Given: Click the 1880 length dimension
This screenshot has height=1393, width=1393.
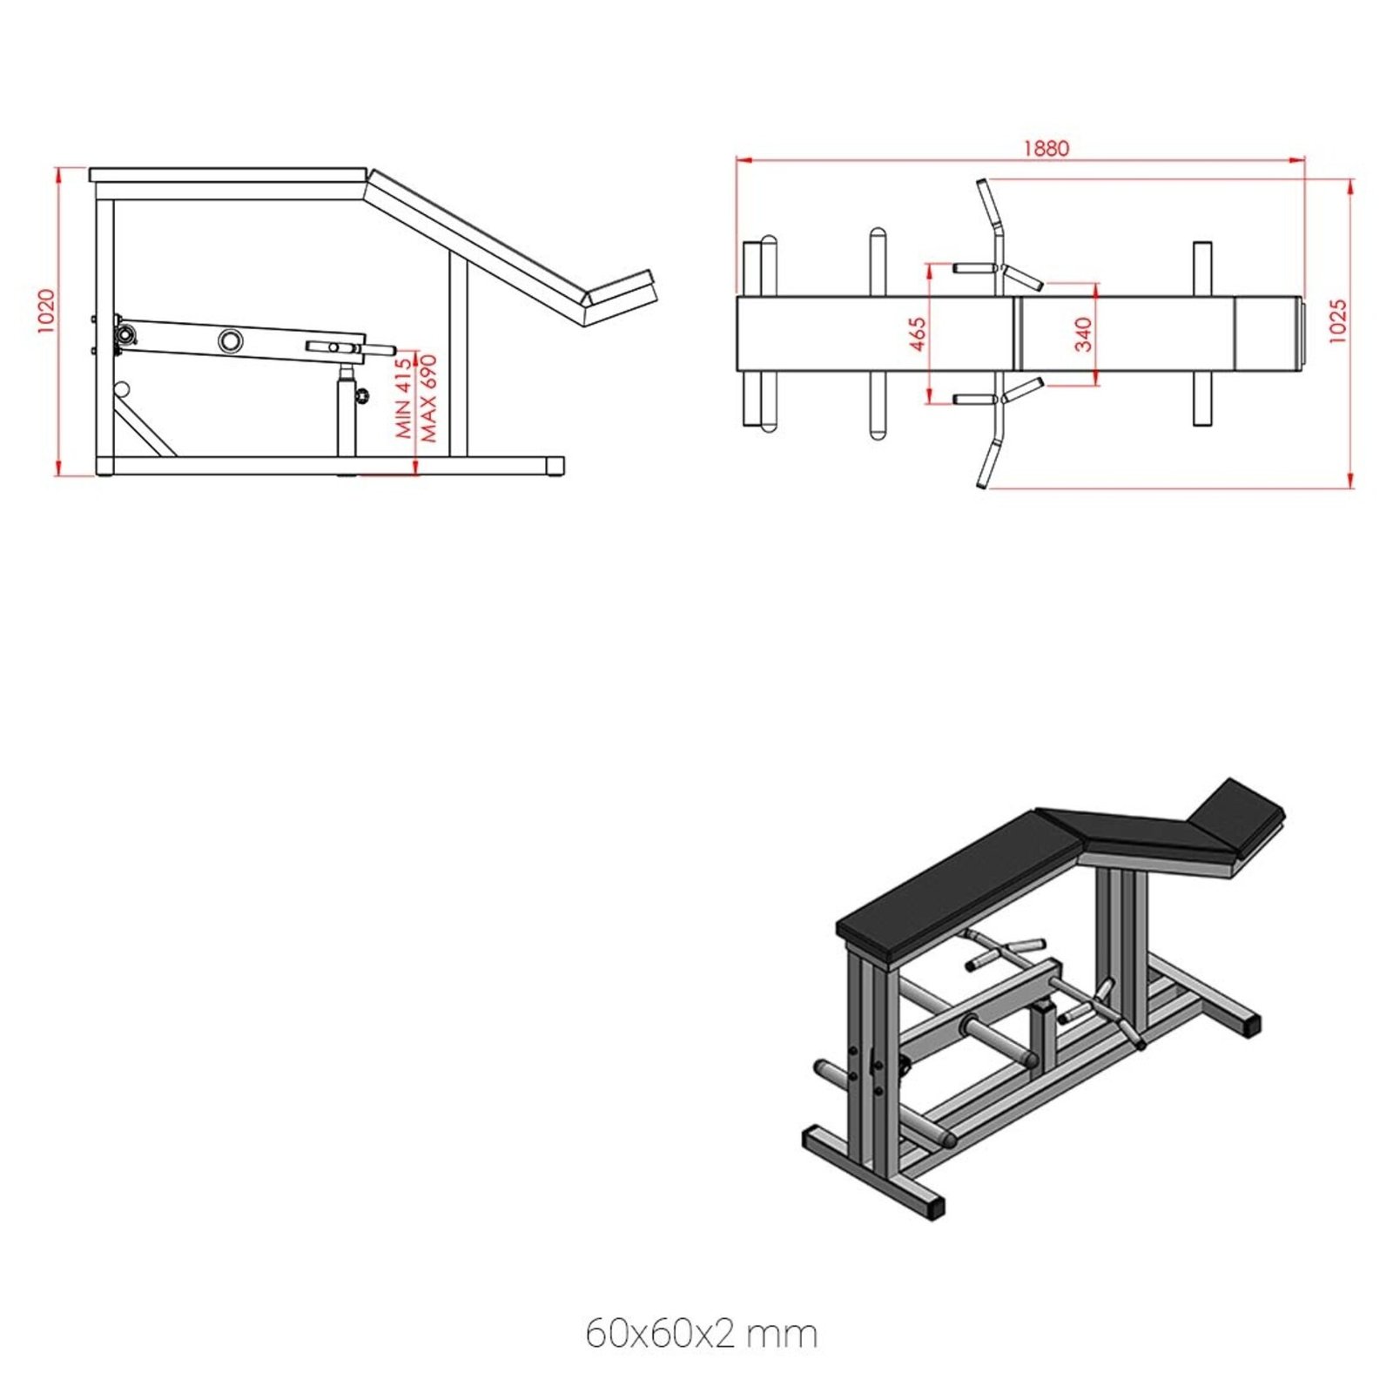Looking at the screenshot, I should pyautogui.click(x=1045, y=148).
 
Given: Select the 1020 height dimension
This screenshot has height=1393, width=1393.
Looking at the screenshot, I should pyautogui.click(x=46, y=311).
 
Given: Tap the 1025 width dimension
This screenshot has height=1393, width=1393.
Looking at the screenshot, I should pyautogui.click(x=1338, y=321).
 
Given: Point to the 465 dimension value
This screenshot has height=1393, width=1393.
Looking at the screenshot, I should pyautogui.click(x=917, y=334).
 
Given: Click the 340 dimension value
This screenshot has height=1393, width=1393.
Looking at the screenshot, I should pyautogui.click(x=1082, y=334).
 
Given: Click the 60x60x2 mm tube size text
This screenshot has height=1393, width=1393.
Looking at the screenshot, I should pyautogui.click(x=701, y=1334).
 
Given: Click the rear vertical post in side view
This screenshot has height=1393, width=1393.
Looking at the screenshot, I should pyautogui.click(x=459, y=357).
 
